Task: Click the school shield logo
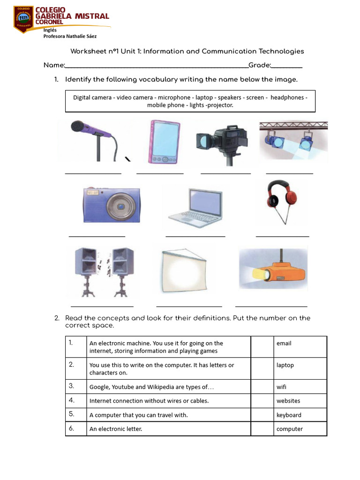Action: click(x=23, y=19)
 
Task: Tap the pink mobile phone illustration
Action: click(x=164, y=142)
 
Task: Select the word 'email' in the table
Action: click(x=284, y=344)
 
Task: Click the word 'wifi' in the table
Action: click(x=281, y=387)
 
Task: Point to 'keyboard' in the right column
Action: click(x=289, y=415)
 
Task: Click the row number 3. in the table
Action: click(x=72, y=386)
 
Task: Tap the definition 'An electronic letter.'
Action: click(x=115, y=429)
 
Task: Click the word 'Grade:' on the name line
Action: click(x=260, y=65)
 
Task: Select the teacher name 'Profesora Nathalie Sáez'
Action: click(x=70, y=36)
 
